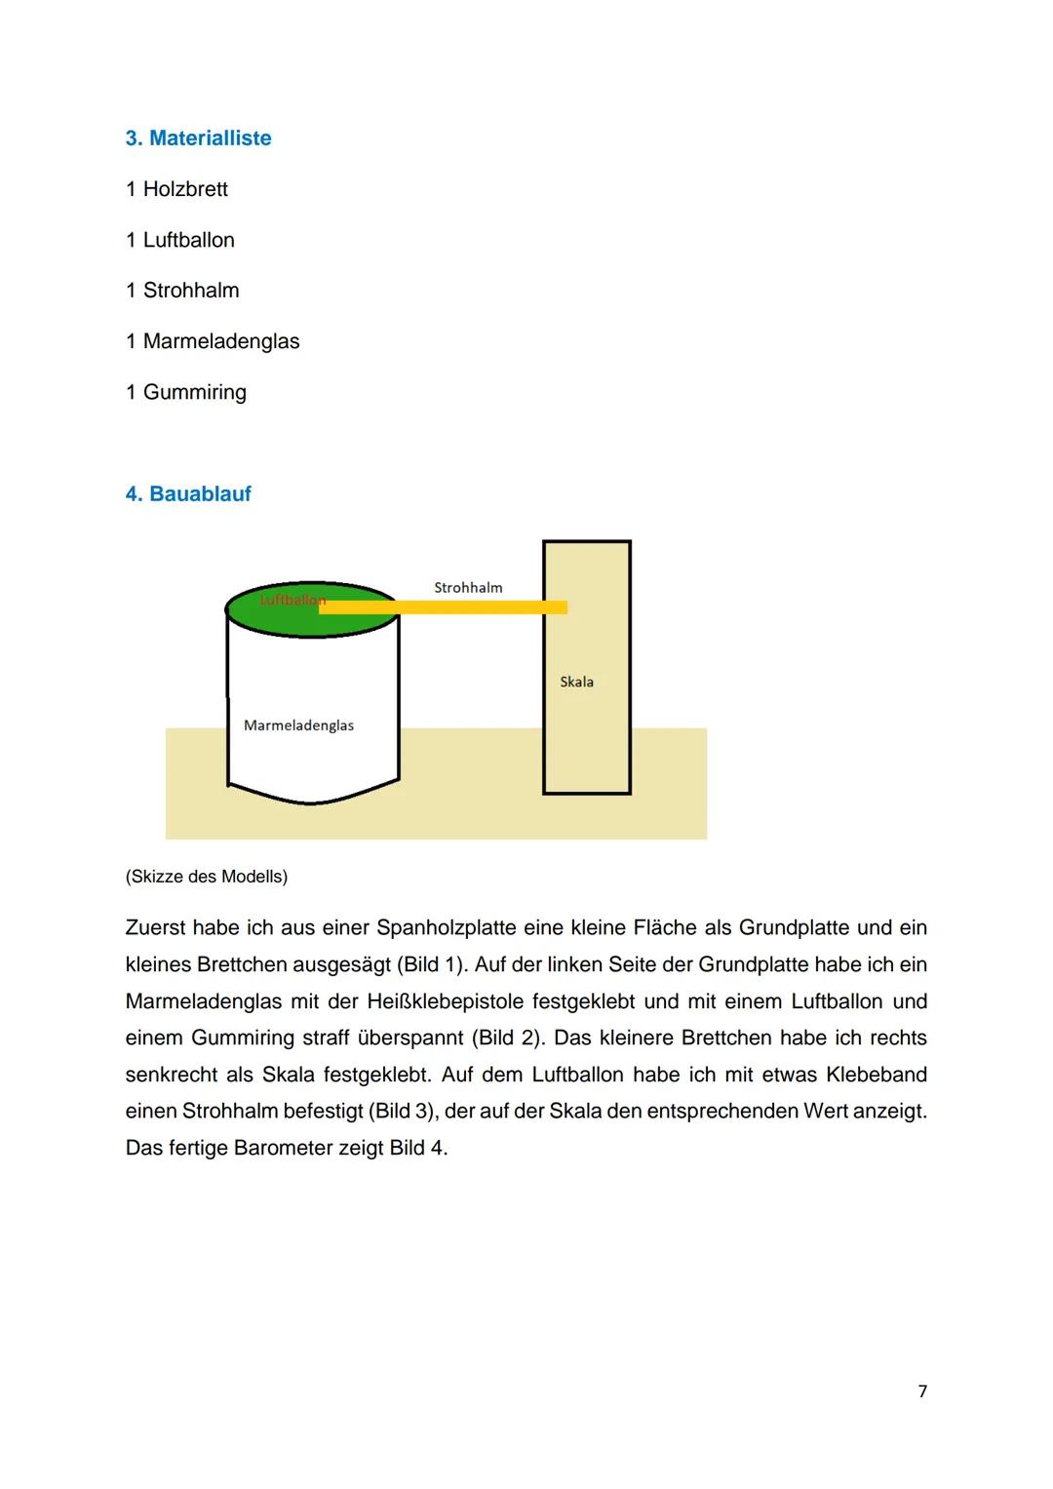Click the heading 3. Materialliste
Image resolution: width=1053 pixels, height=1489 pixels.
(x=198, y=138)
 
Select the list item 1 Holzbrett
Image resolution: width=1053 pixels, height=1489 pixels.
(x=176, y=189)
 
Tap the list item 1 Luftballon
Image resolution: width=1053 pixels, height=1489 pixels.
(x=180, y=240)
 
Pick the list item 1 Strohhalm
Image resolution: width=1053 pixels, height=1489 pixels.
(x=182, y=291)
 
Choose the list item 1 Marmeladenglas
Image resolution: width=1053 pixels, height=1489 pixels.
(x=213, y=341)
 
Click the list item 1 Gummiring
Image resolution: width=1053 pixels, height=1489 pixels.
(x=186, y=392)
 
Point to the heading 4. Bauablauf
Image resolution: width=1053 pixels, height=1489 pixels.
(x=188, y=494)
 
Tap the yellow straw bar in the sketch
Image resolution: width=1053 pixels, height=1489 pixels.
(x=458, y=607)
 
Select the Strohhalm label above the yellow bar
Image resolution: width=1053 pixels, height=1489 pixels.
(x=468, y=587)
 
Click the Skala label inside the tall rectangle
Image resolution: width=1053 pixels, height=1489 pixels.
(x=576, y=682)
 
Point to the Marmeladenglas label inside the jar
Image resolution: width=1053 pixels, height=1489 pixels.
(x=298, y=725)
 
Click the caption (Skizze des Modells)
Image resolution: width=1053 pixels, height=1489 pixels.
(x=207, y=877)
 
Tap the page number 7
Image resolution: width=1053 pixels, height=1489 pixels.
(x=922, y=1391)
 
